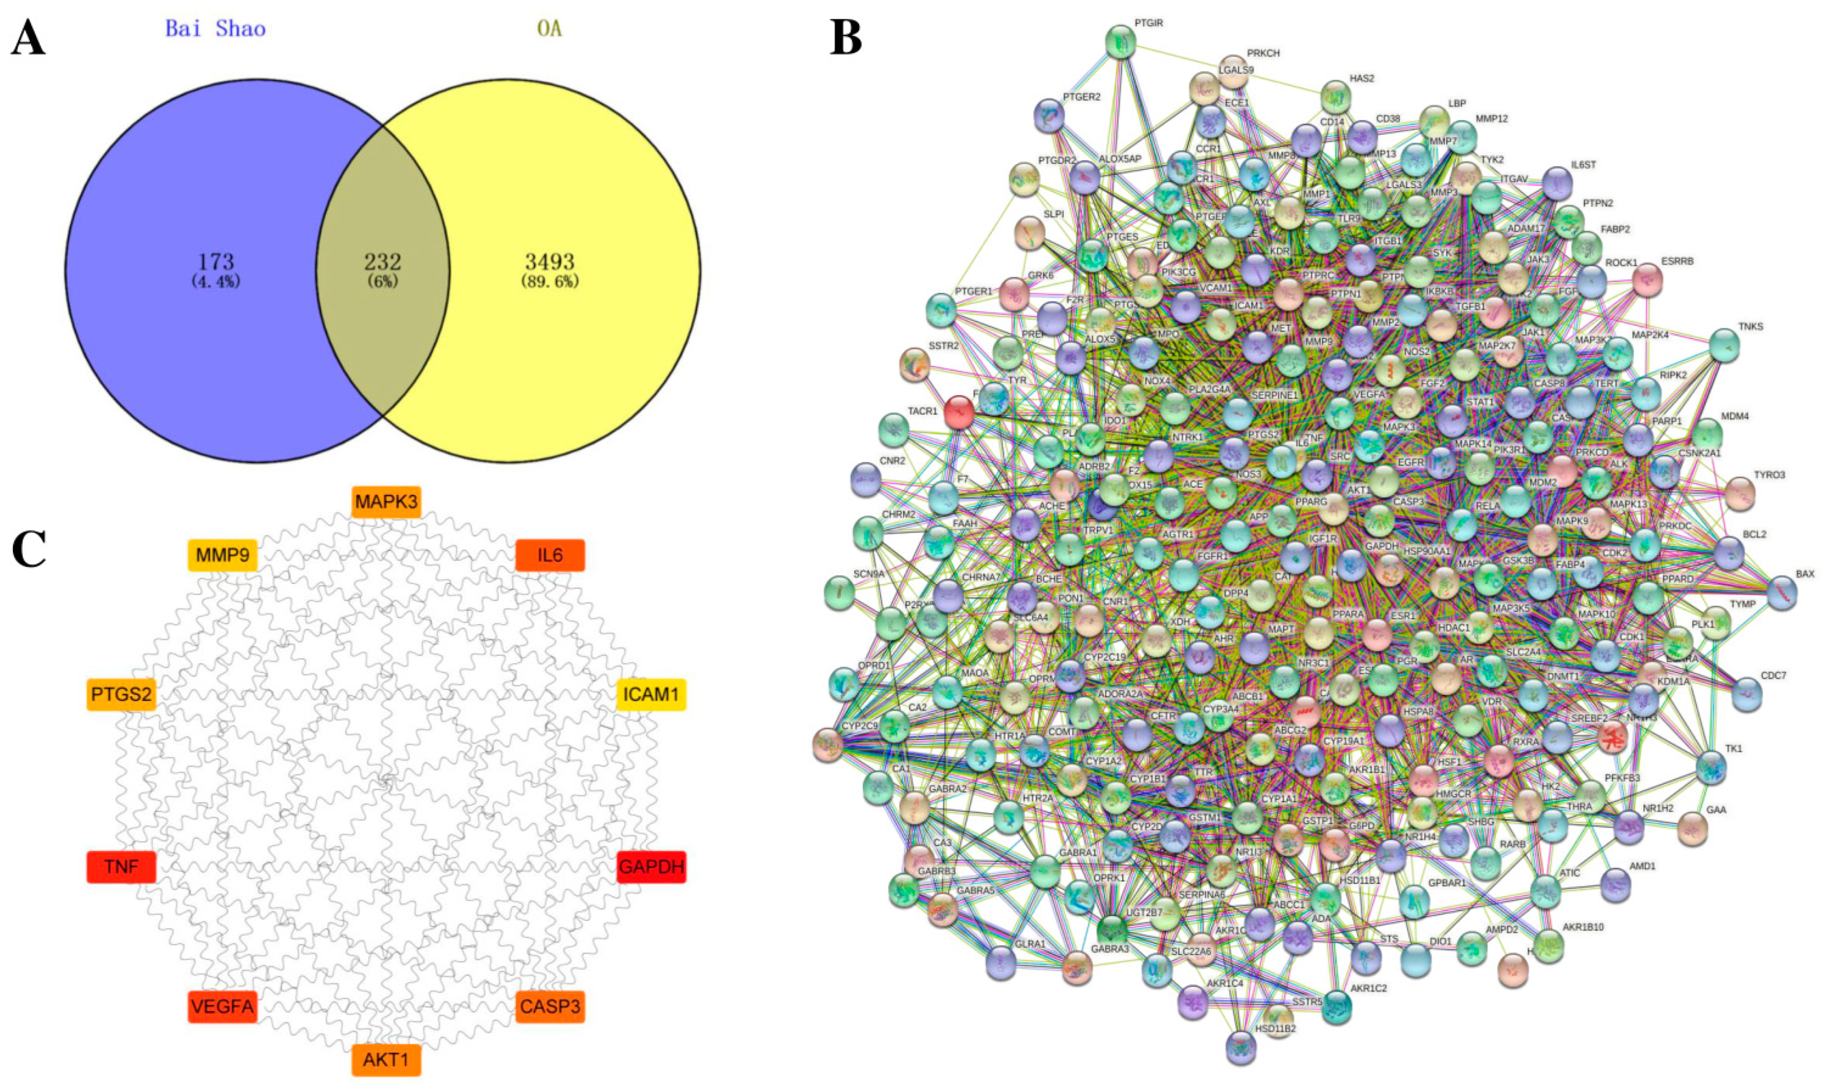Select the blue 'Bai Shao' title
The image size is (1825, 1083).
[x=215, y=29]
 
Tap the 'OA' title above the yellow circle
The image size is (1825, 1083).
[x=549, y=29]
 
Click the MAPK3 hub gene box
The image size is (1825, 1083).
[x=386, y=502]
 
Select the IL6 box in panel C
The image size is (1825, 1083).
[x=550, y=555]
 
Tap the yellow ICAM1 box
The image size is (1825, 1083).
[x=652, y=694]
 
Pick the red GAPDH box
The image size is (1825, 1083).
[x=652, y=867]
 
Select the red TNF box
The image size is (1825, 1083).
[x=121, y=867]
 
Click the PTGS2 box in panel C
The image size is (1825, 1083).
[x=121, y=694]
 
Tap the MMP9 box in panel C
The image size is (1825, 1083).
[x=222, y=555]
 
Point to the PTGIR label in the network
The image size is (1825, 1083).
[x=1149, y=23]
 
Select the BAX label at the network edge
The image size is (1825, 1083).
[x=1805, y=574]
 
